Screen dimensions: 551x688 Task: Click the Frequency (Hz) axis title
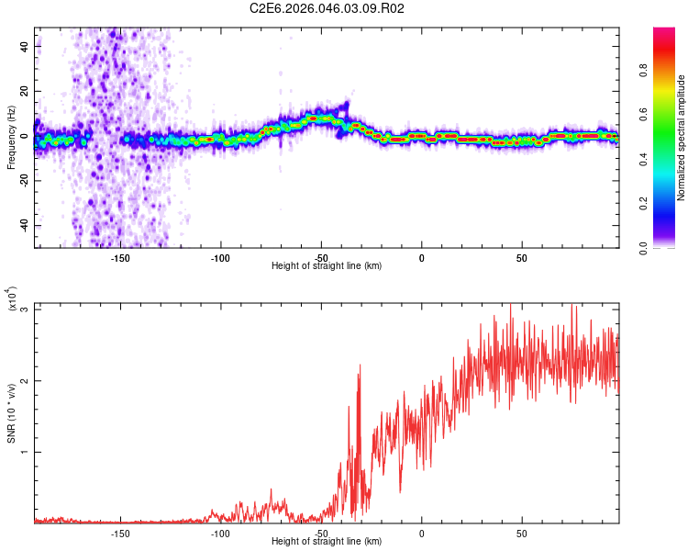click(x=12, y=137)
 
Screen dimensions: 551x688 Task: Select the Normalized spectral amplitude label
click(x=682, y=138)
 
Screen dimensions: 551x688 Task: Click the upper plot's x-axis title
click(x=327, y=265)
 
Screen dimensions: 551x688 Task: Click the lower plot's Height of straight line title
click(x=327, y=541)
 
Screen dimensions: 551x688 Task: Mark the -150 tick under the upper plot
click(x=120, y=257)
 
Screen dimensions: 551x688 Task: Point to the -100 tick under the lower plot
click(x=220, y=533)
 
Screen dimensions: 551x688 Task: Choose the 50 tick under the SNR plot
click(x=521, y=533)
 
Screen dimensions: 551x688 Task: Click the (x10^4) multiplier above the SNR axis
click(x=12, y=299)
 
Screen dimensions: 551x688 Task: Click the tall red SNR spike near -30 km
click(x=360, y=367)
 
